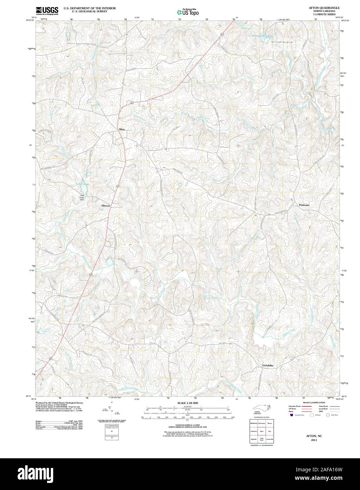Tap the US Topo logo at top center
pos(188,12)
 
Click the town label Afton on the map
pos(122,129)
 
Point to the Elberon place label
pos(106,206)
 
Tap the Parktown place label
pos(304,205)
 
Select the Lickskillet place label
pos(268,366)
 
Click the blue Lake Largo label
pos(83,184)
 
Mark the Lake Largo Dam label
pos(82,197)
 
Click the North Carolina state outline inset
pos(261,408)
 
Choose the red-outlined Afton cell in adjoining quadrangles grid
pos(261,431)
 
